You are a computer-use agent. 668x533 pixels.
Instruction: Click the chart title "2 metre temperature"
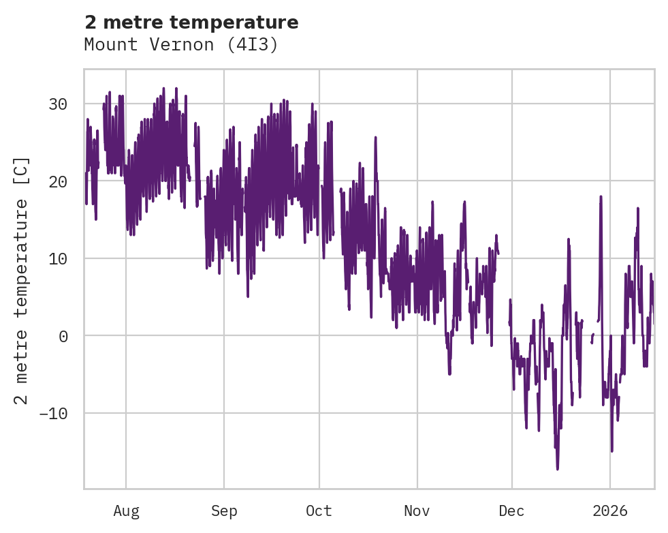click(x=191, y=22)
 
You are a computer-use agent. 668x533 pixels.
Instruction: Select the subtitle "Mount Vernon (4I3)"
click(x=181, y=44)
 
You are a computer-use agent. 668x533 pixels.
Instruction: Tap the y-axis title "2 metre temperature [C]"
click(x=22, y=279)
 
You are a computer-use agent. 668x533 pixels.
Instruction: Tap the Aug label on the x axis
click(x=126, y=511)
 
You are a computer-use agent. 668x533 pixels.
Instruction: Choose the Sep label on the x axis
click(x=223, y=511)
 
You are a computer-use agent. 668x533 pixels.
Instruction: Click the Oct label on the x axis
click(x=319, y=511)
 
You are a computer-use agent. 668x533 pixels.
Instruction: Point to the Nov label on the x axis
click(x=417, y=511)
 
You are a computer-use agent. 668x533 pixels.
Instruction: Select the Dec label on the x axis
click(x=512, y=511)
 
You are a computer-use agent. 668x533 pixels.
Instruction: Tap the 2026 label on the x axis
click(x=610, y=511)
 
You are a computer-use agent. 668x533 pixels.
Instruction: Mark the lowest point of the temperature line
click(x=557, y=469)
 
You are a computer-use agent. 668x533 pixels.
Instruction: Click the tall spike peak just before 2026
click(x=601, y=197)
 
